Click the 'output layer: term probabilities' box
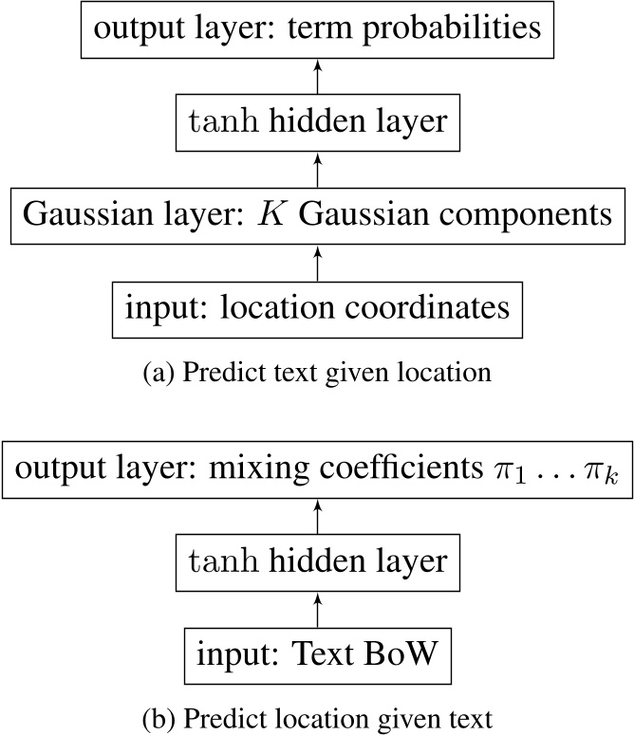click(x=317, y=28)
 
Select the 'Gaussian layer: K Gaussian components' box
click(x=317, y=214)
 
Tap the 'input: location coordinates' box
click(x=317, y=308)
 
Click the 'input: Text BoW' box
click(x=317, y=653)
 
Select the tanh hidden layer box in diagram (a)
click(x=317, y=121)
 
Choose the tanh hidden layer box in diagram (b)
click(x=317, y=561)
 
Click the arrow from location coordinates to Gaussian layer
click(x=317, y=261)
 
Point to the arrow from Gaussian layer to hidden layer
click(x=317, y=168)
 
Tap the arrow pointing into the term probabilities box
click(x=317, y=75)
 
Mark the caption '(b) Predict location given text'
click(x=317, y=718)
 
